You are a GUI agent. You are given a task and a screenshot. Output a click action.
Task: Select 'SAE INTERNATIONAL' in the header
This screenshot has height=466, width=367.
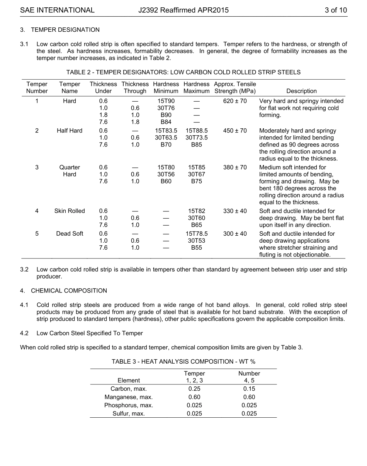(x=57, y=10)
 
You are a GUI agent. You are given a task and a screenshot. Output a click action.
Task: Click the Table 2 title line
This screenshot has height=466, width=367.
(x=183, y=72)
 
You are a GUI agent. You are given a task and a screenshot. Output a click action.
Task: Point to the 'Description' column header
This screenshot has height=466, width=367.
(x=301, y=91)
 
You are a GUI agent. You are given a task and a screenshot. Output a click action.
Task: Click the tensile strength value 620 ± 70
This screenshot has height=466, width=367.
(x=235, y=101)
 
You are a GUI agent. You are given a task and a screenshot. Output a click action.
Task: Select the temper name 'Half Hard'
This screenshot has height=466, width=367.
(x=70, y=131)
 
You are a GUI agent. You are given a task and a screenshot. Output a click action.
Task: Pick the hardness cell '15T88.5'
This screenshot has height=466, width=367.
(x=196, y=131)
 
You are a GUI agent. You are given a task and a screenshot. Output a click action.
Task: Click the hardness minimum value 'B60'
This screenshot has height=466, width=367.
(x=166, y=181)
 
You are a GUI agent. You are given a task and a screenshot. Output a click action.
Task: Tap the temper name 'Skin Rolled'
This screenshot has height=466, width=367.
(x=70, y=211)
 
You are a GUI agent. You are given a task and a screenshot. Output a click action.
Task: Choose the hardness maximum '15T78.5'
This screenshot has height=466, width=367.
(x=196, y=234)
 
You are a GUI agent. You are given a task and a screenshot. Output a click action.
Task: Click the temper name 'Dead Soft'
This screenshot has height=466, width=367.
(x=70, y=234)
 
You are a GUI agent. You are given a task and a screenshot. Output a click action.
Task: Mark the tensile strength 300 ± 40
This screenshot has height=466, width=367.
(x=235, y=234)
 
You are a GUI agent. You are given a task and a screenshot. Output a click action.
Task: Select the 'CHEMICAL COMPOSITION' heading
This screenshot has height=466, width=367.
(x=69, y=291)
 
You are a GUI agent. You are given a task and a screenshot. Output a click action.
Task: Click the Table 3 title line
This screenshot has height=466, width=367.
(x=183, y=362)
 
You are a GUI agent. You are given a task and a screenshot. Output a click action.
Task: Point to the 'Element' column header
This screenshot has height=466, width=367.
(x=129, y=381)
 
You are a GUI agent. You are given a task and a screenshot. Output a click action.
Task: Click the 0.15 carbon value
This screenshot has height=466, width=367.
(x=249, y=389)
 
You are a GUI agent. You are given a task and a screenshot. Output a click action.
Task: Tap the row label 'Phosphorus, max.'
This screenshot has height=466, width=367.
(x=129, y=405)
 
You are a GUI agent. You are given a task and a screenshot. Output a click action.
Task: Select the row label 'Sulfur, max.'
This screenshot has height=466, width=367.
(x=129, y=414)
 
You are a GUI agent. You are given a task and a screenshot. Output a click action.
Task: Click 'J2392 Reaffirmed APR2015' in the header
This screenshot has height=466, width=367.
(x=183, y=10)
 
